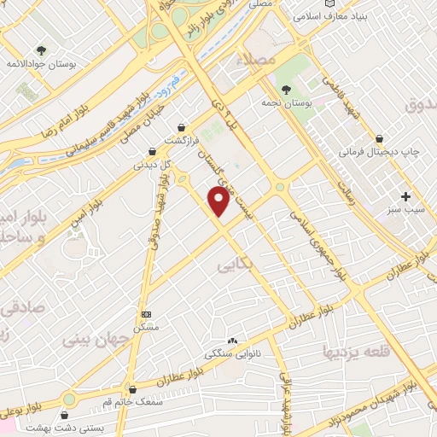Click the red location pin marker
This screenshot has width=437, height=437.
(219, 201)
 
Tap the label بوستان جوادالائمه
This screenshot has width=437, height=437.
(39, 63)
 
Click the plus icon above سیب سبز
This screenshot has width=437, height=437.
(406, 196)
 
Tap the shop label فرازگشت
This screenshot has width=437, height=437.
(182, 139)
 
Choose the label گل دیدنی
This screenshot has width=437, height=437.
(151, 165)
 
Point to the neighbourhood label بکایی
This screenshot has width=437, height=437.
(236, 265)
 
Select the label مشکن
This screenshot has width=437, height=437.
(145, 328)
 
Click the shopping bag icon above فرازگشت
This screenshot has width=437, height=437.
(182, 126)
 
